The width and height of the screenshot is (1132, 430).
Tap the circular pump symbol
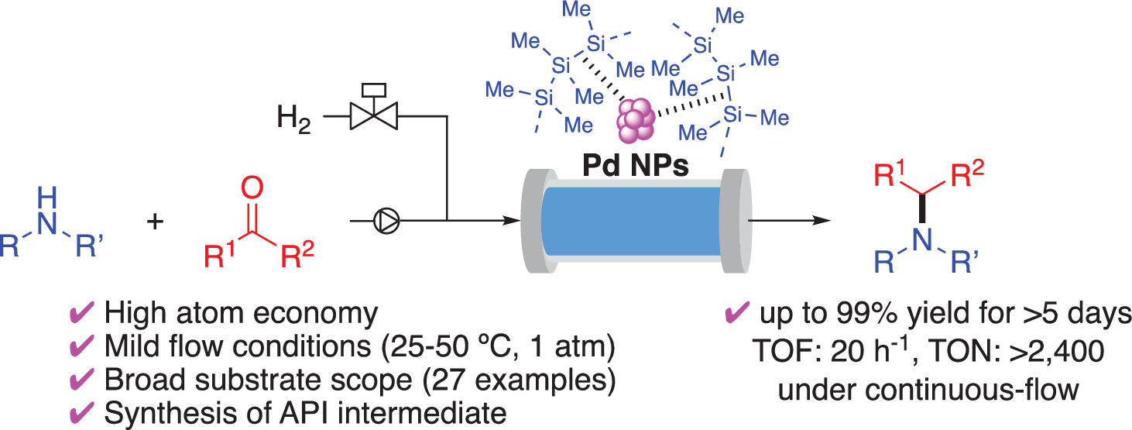tap(383, 222)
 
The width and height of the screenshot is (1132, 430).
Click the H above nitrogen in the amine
tap(48, 191)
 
